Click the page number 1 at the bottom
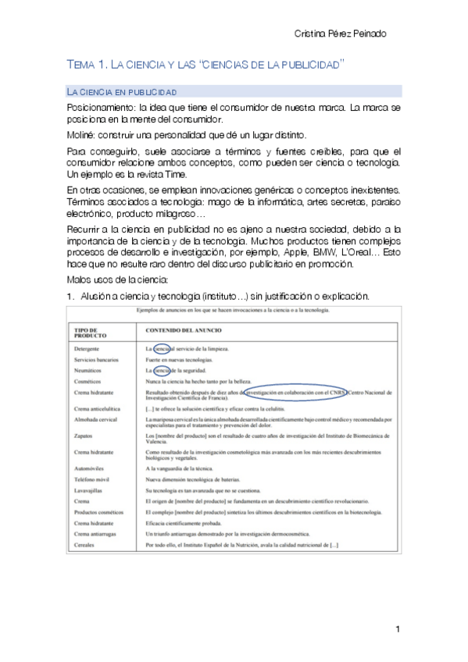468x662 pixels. pos(398,629)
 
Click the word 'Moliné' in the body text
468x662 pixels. pos(81,133)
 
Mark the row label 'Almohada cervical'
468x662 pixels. pos(97,419)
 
